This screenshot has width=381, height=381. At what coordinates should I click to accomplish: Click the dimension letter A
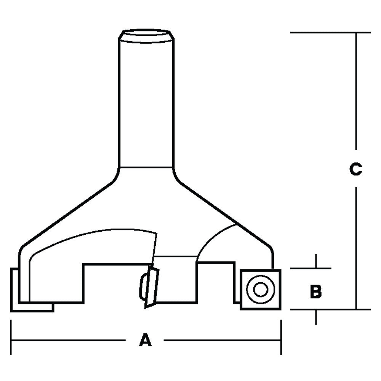click(145, 339)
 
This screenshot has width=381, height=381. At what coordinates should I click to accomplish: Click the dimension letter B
click(315, 292)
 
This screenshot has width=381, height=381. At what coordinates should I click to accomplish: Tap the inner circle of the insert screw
click(261, 290)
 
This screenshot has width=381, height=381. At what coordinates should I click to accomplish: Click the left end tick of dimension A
click(11, 338)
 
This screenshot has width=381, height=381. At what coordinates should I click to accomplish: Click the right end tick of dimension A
click(281, 338)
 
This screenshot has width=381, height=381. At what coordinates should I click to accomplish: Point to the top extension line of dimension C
click(330, 33)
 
